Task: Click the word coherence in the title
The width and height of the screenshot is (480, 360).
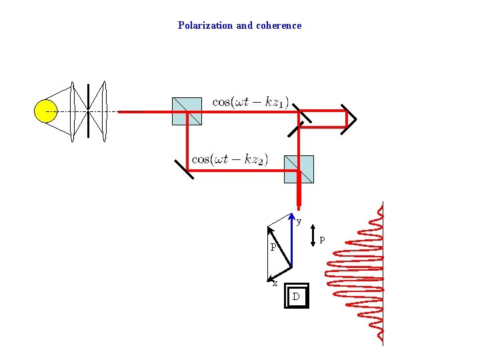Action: [x=279, y=25]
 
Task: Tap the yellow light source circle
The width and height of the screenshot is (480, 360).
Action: [x=45, y=111]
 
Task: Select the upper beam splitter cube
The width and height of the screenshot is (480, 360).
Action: [x=187, y=111]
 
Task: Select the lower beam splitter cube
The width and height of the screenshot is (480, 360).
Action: [x=299, y=169]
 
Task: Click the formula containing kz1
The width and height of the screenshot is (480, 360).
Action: [x=251, y=102]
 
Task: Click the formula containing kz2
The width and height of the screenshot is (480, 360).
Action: [x=230, y=159]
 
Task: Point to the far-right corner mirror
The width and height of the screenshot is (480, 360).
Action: [x=349, y=119]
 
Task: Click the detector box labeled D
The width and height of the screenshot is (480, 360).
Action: [x=297, y=296]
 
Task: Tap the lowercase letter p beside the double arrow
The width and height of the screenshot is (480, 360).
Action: [x=323, y=238]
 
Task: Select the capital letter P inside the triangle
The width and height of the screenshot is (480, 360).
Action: [x=273, y=248]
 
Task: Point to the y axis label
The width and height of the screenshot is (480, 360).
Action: [x=299, y=221]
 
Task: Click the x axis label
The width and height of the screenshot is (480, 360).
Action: [x=275, y=283]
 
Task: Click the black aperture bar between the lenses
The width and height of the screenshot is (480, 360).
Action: [x=89, y=111]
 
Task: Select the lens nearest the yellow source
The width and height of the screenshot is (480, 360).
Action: [x=74, y=111]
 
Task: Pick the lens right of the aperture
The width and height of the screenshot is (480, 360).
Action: [x=104, y=111]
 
